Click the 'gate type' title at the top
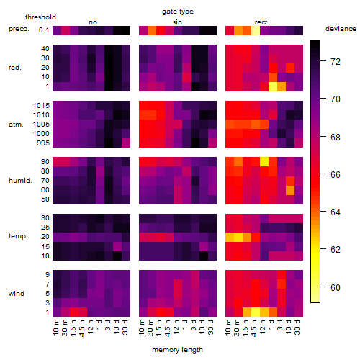click(178, 12)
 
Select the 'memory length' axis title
click(177, 350)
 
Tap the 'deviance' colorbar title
click(341, 29)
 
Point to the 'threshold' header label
click(40, 17)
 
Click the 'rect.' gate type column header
click(262, 22)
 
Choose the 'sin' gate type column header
click(177, 22)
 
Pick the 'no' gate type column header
click(93, 22)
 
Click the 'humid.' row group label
click(20, 181)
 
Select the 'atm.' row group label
click(16, 125)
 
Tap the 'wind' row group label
click(17, 294)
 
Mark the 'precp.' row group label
click(19, 29)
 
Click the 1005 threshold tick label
click(41, 125)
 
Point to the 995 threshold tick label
click(43, 143)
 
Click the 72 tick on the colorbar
click(336, 62)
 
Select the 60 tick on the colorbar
click(336, 287)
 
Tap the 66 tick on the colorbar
click(336, 174)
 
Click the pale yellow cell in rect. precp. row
click(256, 30)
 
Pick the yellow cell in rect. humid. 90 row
click(264, 162)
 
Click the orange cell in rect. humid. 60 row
click(290, 190)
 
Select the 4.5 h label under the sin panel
click(167, 328)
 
